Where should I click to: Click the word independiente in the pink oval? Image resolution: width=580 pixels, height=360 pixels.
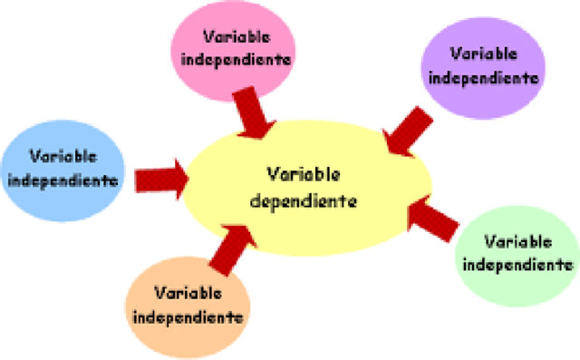236,60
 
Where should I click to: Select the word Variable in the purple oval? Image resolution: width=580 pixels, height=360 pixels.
485,54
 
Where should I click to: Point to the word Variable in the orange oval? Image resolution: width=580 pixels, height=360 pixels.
188,294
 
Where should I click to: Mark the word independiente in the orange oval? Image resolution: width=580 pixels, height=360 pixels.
188,317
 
